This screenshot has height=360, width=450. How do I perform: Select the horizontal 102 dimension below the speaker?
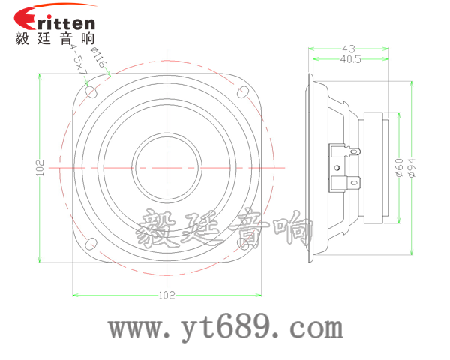point(166,295)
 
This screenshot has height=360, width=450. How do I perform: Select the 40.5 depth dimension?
point(350,58)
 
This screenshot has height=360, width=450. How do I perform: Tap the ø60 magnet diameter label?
point(399,166)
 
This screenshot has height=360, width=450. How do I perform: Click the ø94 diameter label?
point(412,166)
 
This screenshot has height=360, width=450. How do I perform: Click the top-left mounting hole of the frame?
point(91,93)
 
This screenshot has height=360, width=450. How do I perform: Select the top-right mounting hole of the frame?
point(242,92)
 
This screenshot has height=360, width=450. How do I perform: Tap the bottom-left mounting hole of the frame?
point(91,244)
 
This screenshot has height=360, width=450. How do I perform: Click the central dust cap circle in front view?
point(166,166)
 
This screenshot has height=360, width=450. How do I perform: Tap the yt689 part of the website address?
point(224,327)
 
